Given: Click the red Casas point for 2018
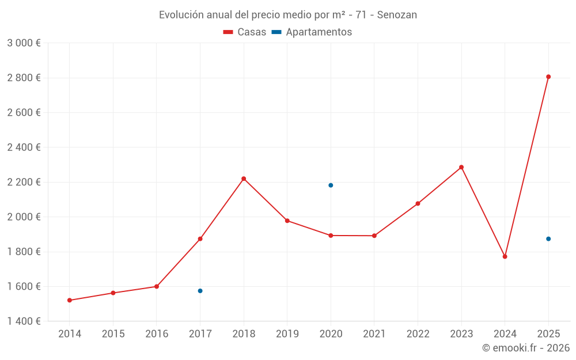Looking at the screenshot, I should [244, 179].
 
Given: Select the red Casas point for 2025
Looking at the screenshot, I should [548, 77].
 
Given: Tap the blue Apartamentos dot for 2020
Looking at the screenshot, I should [331, 185].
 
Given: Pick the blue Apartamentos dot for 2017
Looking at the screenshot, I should [200, 291].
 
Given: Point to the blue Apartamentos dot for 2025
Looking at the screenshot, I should [548, 239].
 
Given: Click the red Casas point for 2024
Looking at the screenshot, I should [505, 256].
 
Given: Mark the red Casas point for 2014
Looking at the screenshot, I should [70, 300].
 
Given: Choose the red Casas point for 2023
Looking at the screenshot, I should [461, 167].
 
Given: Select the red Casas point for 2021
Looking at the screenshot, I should [374, 236].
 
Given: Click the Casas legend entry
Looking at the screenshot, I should [245, 32].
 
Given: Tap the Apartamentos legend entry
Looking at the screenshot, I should [312, 32].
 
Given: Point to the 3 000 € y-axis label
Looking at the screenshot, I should [24, 43].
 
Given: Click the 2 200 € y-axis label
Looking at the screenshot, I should [24, 182].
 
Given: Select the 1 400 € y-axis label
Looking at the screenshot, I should [24, 321].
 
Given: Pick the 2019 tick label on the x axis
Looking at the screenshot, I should [287, 334].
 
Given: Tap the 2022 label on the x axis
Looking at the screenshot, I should [418, 334].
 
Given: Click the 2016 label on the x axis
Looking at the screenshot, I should [157, 334].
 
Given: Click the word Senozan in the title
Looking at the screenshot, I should [397, 15].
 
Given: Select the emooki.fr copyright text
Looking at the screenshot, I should [525, 348].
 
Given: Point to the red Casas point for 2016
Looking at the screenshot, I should [157, 286].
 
